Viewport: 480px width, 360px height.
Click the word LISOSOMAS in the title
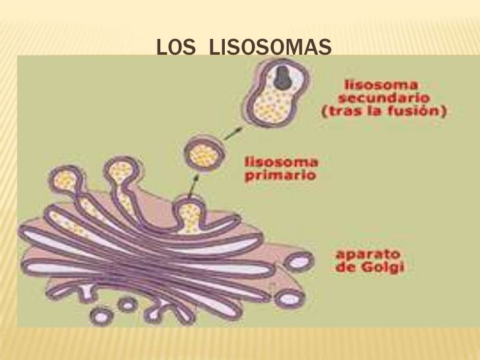click(x=270, y=47)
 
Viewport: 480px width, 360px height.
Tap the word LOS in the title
click(x=175, y=47)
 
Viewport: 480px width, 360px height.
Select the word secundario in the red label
click(x=384, y=98)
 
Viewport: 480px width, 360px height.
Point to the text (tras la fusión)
click(x=384, y=111)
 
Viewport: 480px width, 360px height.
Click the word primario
click(x=280, y=176)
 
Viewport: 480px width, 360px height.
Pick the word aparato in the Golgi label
click(x=368, y=254)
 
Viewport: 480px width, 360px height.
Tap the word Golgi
click(x=382, y=267)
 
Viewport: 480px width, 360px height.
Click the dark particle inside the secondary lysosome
click(x=282, y=78)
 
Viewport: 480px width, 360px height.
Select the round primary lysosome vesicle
click(x=204, y=155)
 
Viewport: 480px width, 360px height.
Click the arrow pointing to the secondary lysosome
click(x=233, y=133)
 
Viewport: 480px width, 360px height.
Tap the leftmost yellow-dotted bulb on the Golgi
click(x=65, y=181)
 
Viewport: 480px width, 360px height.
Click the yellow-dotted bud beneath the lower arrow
click(x=189, y=214)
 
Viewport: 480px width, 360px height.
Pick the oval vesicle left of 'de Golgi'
click(x=298, y=262)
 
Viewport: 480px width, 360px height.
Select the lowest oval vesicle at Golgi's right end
click(x=289, y=298)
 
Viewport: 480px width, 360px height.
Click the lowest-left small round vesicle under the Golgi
click(x=101, y=316)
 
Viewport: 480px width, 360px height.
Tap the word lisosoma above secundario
click(x=381, y=84)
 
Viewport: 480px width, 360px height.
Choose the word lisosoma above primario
click(x=282, y=162)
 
